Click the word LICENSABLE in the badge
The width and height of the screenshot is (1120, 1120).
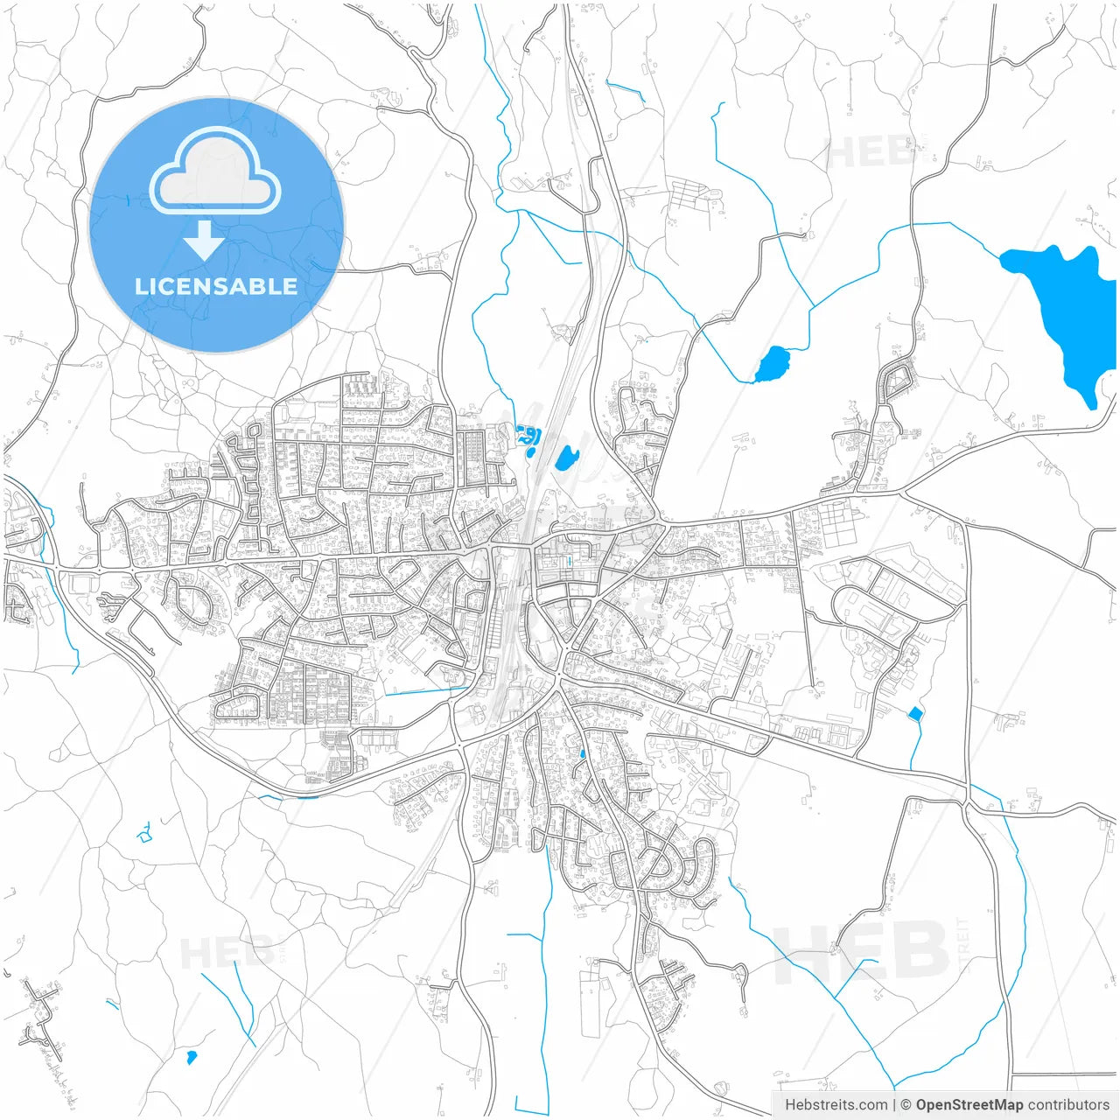click(216, 287)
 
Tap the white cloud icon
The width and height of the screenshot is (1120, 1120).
click(215, 172)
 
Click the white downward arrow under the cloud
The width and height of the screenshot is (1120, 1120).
click(204, 240)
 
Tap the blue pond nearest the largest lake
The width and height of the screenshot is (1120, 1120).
click(772, 364)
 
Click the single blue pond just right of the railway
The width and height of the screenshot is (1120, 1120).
click(566, 458)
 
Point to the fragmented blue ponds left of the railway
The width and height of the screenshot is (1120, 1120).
click(528, 438)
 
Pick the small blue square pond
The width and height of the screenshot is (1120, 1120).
click(915, 714)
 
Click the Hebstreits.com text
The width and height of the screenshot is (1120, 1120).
click(836, 1105)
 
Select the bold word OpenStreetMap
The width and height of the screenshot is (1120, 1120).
click(969, 1105)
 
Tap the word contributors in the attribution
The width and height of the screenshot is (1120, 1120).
click(1068, 1105)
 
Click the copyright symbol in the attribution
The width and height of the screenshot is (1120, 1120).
click(906, 1105)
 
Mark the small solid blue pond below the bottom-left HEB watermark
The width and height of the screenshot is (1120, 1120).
click(192, 1058)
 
